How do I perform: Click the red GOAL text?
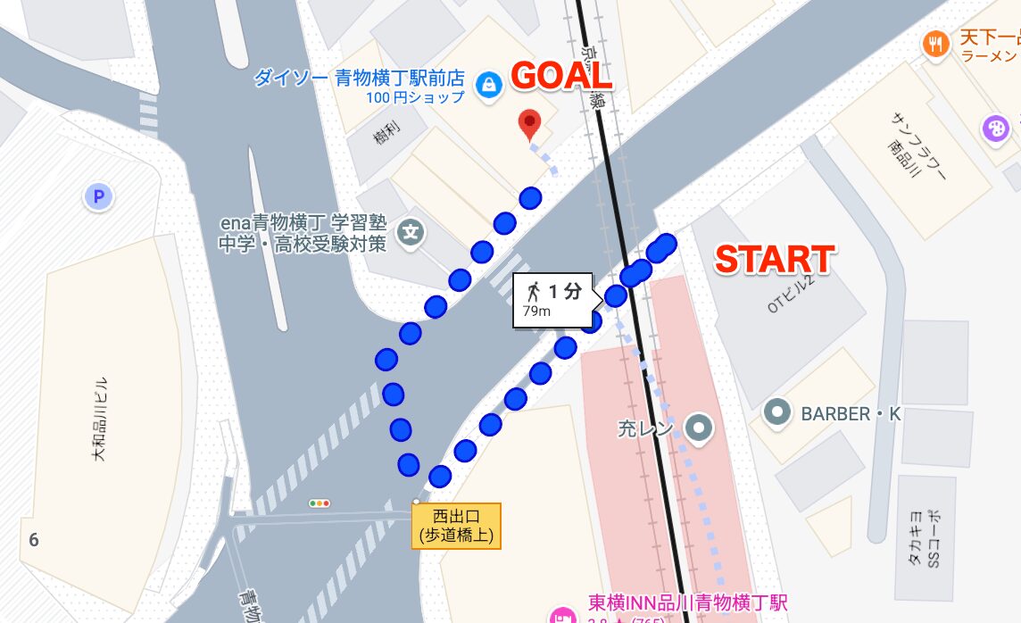(x=560, y=77)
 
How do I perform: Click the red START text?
(x=775, y=259)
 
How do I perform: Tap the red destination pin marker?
(x=531, y=124)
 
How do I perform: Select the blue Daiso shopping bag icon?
(x=488, y=85)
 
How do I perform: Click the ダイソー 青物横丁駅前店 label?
(x=359, y=78)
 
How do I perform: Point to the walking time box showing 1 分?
(x=553, y=299)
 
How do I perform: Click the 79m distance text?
(x=536, y=311)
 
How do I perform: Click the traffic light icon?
(x=319, y=503)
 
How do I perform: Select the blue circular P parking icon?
(x=98, y=196)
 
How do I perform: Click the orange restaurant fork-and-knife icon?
(x=936, y=44)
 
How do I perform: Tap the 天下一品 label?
(x=989, y=38)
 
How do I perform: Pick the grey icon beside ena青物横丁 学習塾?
(x=411, y=234)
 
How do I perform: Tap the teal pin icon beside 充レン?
(x=698, y=428)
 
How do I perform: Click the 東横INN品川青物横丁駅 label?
(x=687, y=603)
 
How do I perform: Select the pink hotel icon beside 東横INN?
(x=563, y=616)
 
